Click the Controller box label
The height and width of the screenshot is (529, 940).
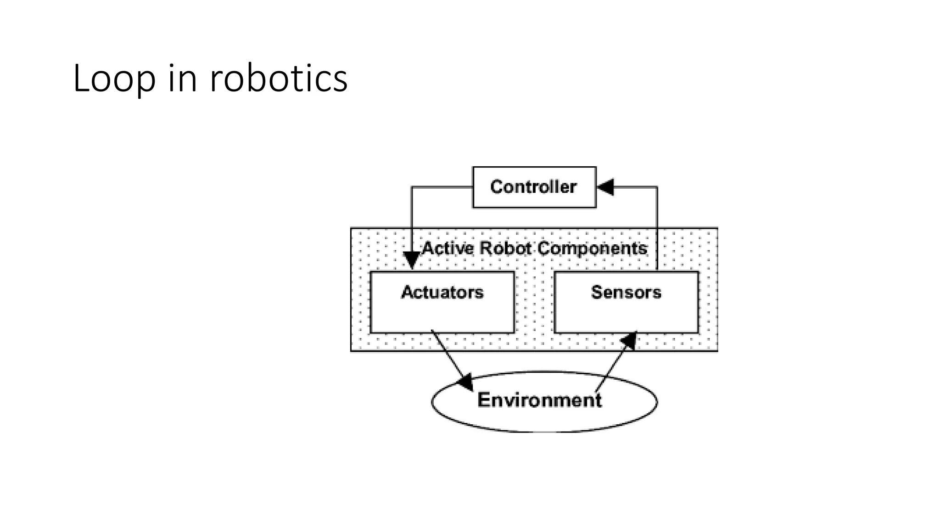tap(533, 187)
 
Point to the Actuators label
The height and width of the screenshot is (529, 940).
tap(442, 292)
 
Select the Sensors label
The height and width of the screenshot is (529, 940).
tap(626, 292)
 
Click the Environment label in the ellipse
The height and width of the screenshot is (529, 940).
tap(539, 400)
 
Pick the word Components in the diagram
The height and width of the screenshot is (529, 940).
tap(592, 248)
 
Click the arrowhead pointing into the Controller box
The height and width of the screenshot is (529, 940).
tap(605, 187)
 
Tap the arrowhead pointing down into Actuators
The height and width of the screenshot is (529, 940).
tap(412, 260)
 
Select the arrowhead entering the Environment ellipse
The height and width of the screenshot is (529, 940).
tap(466, 382)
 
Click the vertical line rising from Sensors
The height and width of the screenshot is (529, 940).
tap(657, 230)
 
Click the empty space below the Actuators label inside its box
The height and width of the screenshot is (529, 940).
tap(442, 317)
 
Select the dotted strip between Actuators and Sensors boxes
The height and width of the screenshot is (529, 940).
tap(534, 303)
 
